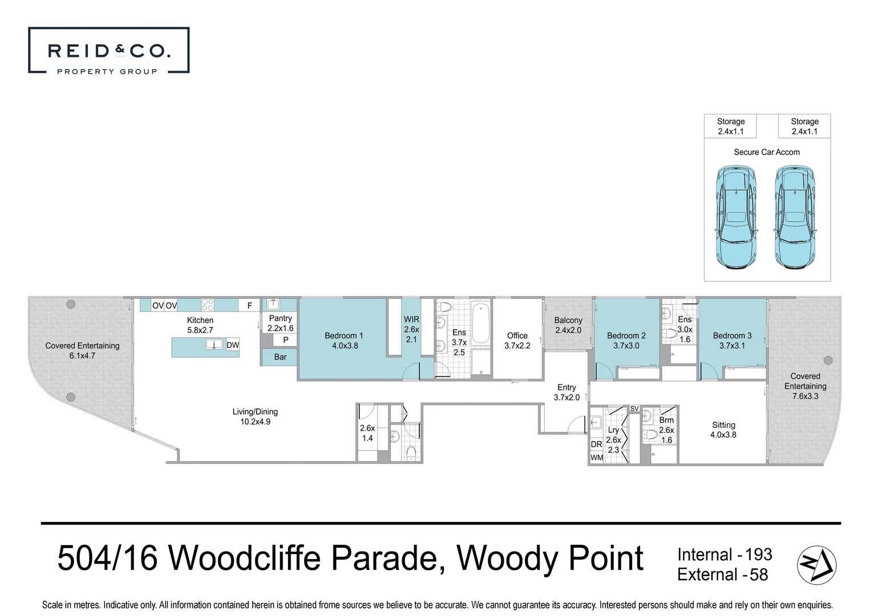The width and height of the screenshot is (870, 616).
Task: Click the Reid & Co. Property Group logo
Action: (108, 51)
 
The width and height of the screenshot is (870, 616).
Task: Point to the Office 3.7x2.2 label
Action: (517, 341)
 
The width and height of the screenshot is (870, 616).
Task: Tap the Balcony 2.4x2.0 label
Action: (568, 325)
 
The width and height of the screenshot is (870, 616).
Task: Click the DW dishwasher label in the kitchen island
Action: (233, 345)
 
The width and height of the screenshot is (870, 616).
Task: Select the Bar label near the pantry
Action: (280, 357)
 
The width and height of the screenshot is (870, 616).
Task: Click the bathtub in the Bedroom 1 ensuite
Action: (480, 323)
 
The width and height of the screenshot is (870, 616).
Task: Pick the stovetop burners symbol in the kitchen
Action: (208, 305)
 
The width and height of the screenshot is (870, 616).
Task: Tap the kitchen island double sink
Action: (214, 344)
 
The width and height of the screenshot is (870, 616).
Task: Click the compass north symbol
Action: (816, 565)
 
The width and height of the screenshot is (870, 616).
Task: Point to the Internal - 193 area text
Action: (724, 554)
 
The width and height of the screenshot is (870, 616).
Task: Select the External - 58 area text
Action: (722, 574)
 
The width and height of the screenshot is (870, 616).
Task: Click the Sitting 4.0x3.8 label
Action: (723, 429)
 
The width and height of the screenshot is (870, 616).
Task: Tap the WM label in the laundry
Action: (597, 457)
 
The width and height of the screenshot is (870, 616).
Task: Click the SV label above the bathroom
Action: (634, 408)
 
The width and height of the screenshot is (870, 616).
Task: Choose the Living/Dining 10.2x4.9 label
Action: (255, 416)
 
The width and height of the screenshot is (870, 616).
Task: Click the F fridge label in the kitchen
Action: (249, 306)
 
